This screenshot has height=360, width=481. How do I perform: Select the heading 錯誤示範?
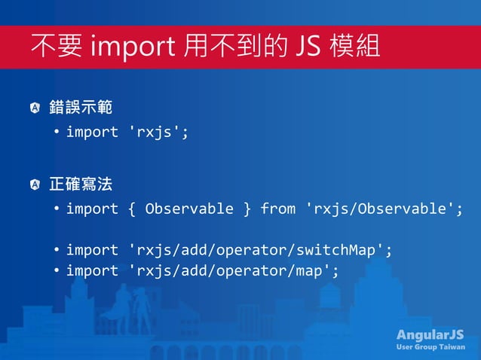point(81,108)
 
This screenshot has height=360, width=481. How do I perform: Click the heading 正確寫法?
point(81,184)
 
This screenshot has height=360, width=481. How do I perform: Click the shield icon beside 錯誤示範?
point(35,108)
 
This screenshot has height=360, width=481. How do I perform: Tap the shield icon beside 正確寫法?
point(35,185)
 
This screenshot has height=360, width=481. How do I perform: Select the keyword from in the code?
point(277,209)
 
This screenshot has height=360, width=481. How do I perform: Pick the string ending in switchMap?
point(261,250)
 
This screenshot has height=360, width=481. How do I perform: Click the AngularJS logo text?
point(430,334)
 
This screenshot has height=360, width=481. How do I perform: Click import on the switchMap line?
point(92,250)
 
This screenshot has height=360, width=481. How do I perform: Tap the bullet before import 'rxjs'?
point(57,133)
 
